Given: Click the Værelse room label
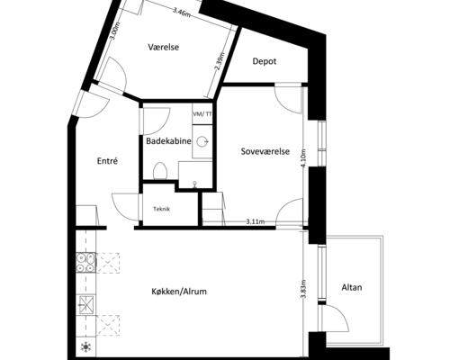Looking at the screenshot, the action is coord(164,47).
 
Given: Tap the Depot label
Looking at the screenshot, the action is coord(265,61).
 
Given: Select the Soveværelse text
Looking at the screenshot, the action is coord(265,151).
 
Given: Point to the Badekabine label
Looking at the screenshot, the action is coord(168,141).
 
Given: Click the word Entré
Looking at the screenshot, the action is coord(107,161).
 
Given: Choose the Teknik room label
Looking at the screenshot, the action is coord(162,209).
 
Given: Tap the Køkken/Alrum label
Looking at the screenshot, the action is coord(179,292).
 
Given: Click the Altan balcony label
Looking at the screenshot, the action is coord(352,287).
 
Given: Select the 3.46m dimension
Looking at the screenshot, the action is coord(182,13).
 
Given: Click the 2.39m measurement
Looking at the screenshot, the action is coord(220,62).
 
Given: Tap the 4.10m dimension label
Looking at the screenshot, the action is coord(303,158).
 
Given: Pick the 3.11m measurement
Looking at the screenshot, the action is coord(256,222).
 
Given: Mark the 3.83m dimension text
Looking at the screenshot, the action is coord(303,289).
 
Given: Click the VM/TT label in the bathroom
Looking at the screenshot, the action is coord(202,114).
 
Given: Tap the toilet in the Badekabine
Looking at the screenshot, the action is coord(159,170).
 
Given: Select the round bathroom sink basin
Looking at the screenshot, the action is coord(202,141).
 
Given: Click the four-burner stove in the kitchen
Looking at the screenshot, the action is coord(85,263).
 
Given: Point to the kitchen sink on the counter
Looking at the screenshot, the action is coord(85,304).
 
